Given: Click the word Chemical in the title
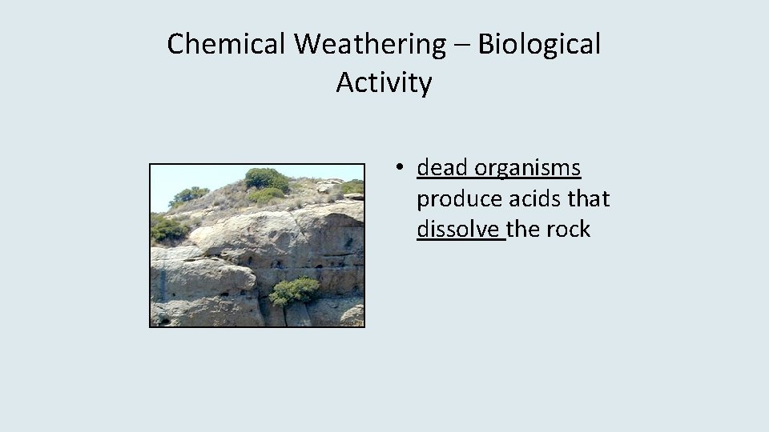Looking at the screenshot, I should coord(227,45).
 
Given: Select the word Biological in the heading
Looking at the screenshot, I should coord(538,45).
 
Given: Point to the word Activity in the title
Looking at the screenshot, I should coord(384,82).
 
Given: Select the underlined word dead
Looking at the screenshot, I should coord(442,168).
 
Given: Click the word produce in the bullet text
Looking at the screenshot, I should coord(452,199).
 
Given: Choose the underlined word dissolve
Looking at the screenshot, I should coord(459,230).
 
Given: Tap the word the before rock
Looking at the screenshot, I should coord(524,230).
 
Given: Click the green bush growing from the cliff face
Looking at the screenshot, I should coord(293,290).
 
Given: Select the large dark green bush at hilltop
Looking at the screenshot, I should coord(266,179).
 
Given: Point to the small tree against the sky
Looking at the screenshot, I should coord(189,194).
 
